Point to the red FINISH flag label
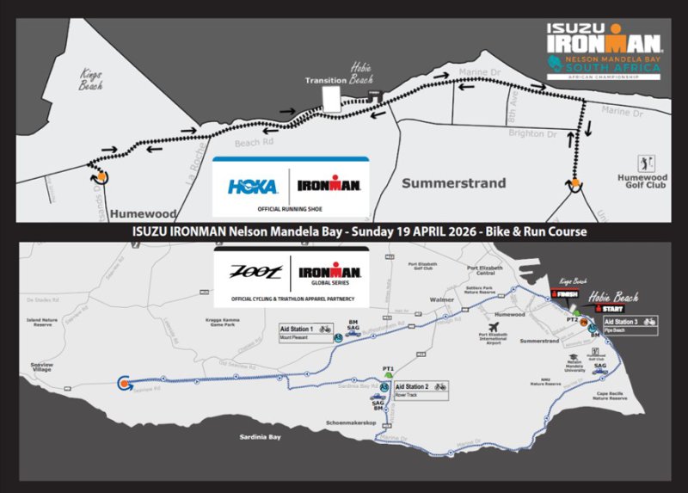click(x=564, y=294)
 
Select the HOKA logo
click(x=250, y=185)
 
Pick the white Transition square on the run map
click(x=331, y=99)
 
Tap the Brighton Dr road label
click(x=534, y=136)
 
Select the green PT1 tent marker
click(x=388, y=375)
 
